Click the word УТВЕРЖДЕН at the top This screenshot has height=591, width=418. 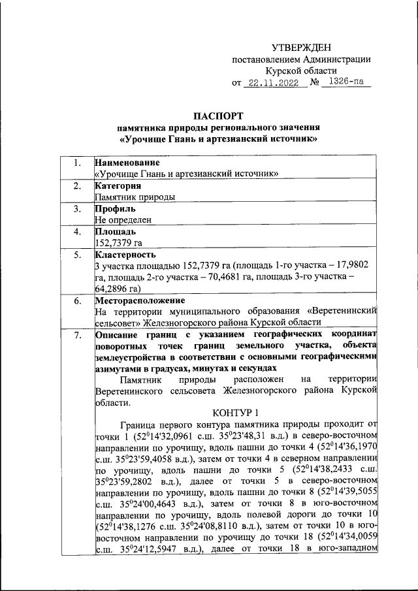[301, 48]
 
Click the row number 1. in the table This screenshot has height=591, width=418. [77, 163]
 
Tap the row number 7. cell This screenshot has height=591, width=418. [77, 336]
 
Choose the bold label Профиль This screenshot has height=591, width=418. [116, 209]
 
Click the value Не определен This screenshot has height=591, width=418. [123, 220]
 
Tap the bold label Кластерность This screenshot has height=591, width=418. [125, 255]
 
